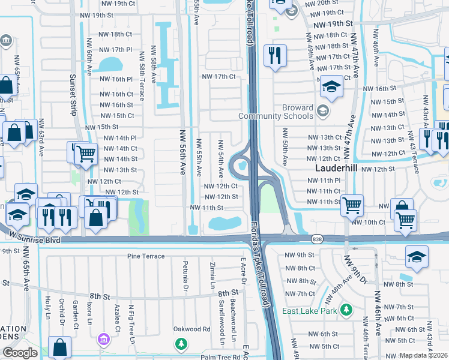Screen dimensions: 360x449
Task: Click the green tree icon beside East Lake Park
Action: [346, 310]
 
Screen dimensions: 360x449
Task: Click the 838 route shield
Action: [316, 239]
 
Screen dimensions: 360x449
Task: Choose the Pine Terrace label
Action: [145, 256]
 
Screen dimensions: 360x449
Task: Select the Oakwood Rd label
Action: [191, 329]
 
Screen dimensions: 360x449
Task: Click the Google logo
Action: [20, 353]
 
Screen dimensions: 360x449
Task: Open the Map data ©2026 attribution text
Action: [423, 355]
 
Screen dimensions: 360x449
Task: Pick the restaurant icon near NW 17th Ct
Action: [276, 56]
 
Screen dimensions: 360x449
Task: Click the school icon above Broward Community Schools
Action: [331, 88]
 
